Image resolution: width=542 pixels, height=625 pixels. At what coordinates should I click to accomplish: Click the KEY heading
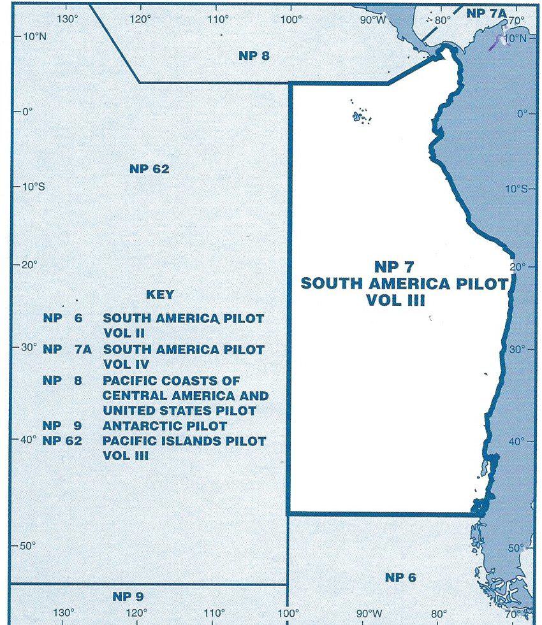tap(159, 295)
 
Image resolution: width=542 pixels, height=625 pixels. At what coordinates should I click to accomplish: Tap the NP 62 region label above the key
tap(149, 169)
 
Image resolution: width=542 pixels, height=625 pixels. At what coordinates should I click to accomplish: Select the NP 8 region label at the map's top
tap(254, 55)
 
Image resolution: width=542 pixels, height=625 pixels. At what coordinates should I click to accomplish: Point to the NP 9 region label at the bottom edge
tap(128, 596)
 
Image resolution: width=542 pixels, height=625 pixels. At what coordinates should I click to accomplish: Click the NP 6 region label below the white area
tap(400, 577)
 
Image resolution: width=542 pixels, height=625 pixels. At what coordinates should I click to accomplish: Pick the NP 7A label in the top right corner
tap(485, 13)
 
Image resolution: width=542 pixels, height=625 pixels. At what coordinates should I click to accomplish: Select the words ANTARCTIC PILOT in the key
tap(165, 426)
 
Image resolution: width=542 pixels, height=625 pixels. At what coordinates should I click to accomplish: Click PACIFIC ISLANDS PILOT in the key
tap(184, 441)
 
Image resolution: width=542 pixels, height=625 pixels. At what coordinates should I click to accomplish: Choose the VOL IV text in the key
tap(126, 365)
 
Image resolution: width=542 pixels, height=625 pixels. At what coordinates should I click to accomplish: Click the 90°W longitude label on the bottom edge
tap(369, 614)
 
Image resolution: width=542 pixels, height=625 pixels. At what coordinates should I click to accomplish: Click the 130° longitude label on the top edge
tap(67, 18)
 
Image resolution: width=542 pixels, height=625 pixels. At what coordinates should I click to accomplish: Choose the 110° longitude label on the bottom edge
tap(214, 614)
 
